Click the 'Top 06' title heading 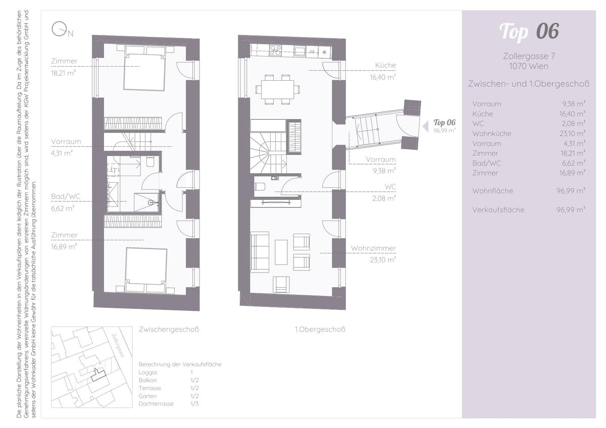pyautogui.click(x=529, y=31)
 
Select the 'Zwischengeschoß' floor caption pyautogui.click(x=169, y=330)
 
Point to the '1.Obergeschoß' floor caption pyautogui.click(x=320, y=330)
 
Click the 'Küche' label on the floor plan pyautogui.click(x=385, y=65)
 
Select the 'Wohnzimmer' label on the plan pyautogui.click(x=373, y=248)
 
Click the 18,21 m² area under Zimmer pyautogui.click(x=64, y=73)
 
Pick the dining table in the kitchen pyautogui.click(x=277, y=89)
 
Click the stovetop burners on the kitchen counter pyautogui.click(x=276, y=50)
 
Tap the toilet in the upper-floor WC pyautogui.click(x=260, y=187)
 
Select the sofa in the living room pyautogui.click(x=260, y=252)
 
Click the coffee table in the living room pyautogui.click(x=281, y=251)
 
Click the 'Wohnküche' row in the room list pyautogui.click(x=492, y=134)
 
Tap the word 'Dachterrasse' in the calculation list pyautogui.click(x=156, y=404)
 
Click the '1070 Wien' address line pyautogui.click(x=529, y=66)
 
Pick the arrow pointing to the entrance pyautogui.click(x=425, y=126)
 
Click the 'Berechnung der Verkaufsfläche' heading pyautogui.click(x=180, y=364)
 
